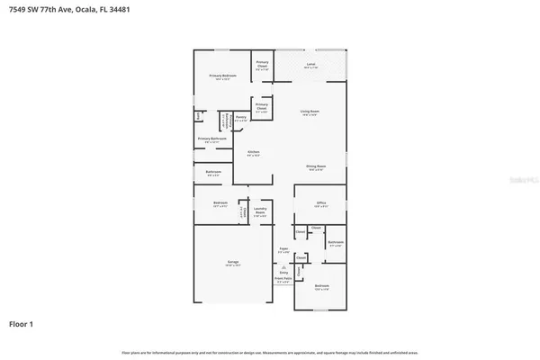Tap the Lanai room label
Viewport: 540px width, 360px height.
[310, 65]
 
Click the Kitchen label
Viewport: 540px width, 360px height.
[253, 152]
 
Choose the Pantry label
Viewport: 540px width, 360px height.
[241, 118]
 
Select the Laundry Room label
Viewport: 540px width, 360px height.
[261, 211]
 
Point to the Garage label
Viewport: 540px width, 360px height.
[232, 263]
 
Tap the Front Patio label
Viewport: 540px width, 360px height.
[282, 281]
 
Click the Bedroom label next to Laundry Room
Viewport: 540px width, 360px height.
[220, 203]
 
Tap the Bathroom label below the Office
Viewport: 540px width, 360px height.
[335, 243]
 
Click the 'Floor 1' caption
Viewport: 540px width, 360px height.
[22, 322]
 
